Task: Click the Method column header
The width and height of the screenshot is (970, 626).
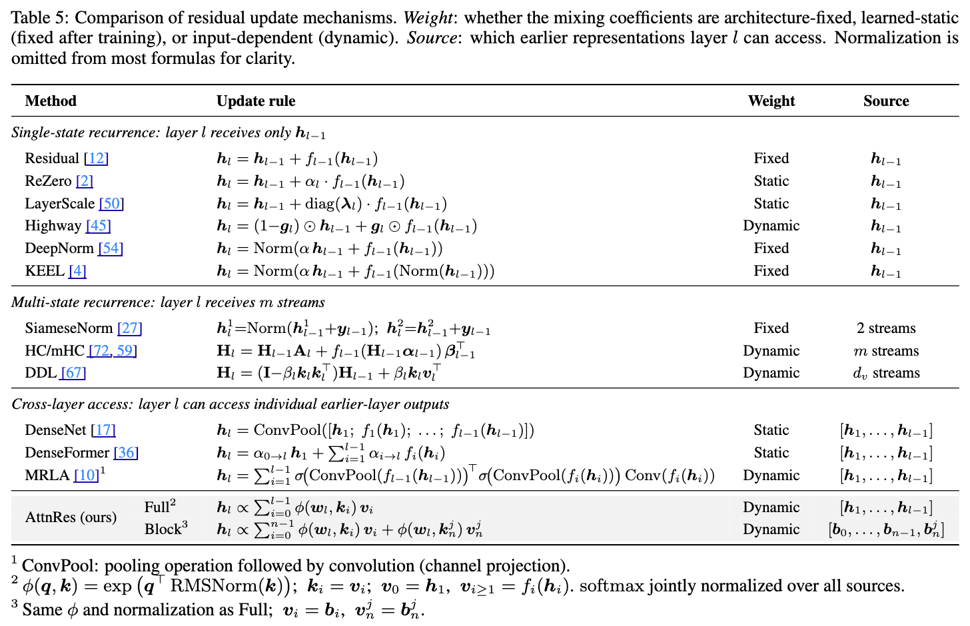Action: click(x=51, y=101)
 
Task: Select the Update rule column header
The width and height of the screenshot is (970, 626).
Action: click(x=256, y=101)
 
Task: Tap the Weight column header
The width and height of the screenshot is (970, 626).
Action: click(x=771, y=101)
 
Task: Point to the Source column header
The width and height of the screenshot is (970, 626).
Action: click(x=885, y=101)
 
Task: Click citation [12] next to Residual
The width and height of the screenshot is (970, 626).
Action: click(x=96, y=158)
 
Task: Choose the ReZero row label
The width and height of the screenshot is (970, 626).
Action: click(x=49, y=181)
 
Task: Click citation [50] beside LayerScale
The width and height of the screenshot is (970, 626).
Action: click(x=111, y=204)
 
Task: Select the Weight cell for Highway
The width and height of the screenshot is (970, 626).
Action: click(x=771, y=226)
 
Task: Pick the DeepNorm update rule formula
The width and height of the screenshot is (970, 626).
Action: click(x=330, y=249)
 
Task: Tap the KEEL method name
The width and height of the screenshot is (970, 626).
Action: click(x=44, y=271)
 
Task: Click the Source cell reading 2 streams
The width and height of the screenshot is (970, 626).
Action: click(x=885, y=328)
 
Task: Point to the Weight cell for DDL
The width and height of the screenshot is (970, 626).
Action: click(x=771, y=373)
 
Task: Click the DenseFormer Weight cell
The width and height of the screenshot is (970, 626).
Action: click(x=771, y=453)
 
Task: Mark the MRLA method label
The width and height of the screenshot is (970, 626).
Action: click(x=47, y=475)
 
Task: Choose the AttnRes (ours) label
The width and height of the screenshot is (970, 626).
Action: click(x=71, y=517)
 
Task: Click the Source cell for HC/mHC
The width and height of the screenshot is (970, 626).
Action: click(x=885, y=351)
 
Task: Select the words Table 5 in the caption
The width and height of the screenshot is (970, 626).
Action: click(x=38, y=17)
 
